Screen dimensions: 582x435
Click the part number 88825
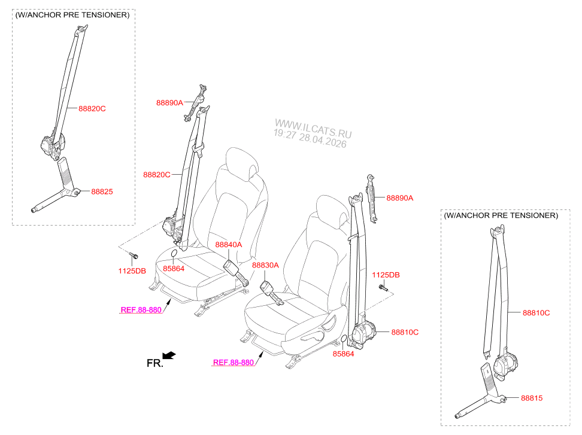tap(102, 191)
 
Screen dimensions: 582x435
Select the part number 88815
tap(532, 398)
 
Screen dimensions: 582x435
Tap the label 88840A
tap(229, 244)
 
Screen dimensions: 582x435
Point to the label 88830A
tap(265, 265)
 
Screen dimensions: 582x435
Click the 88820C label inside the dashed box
tap(92, 109)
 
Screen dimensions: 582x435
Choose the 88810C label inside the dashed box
tap(536, 313)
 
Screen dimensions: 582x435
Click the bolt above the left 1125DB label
tap(134, 255)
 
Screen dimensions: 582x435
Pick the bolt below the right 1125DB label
tap(383, 287)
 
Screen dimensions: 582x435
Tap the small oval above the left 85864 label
tap(174, 254)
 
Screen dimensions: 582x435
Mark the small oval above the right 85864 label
tap(344, 339)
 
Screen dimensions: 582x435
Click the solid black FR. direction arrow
tap(169, 355)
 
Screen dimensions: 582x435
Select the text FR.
tap(154, 363)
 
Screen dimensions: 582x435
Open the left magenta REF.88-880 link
tap(141, 310)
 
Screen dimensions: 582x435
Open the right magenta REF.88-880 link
tap(234, 363)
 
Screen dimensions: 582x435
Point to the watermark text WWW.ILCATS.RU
tap(313, 128)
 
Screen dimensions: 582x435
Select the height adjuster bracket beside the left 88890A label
tap(195, 102)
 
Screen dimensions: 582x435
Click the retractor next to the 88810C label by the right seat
tap(363, 334)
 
